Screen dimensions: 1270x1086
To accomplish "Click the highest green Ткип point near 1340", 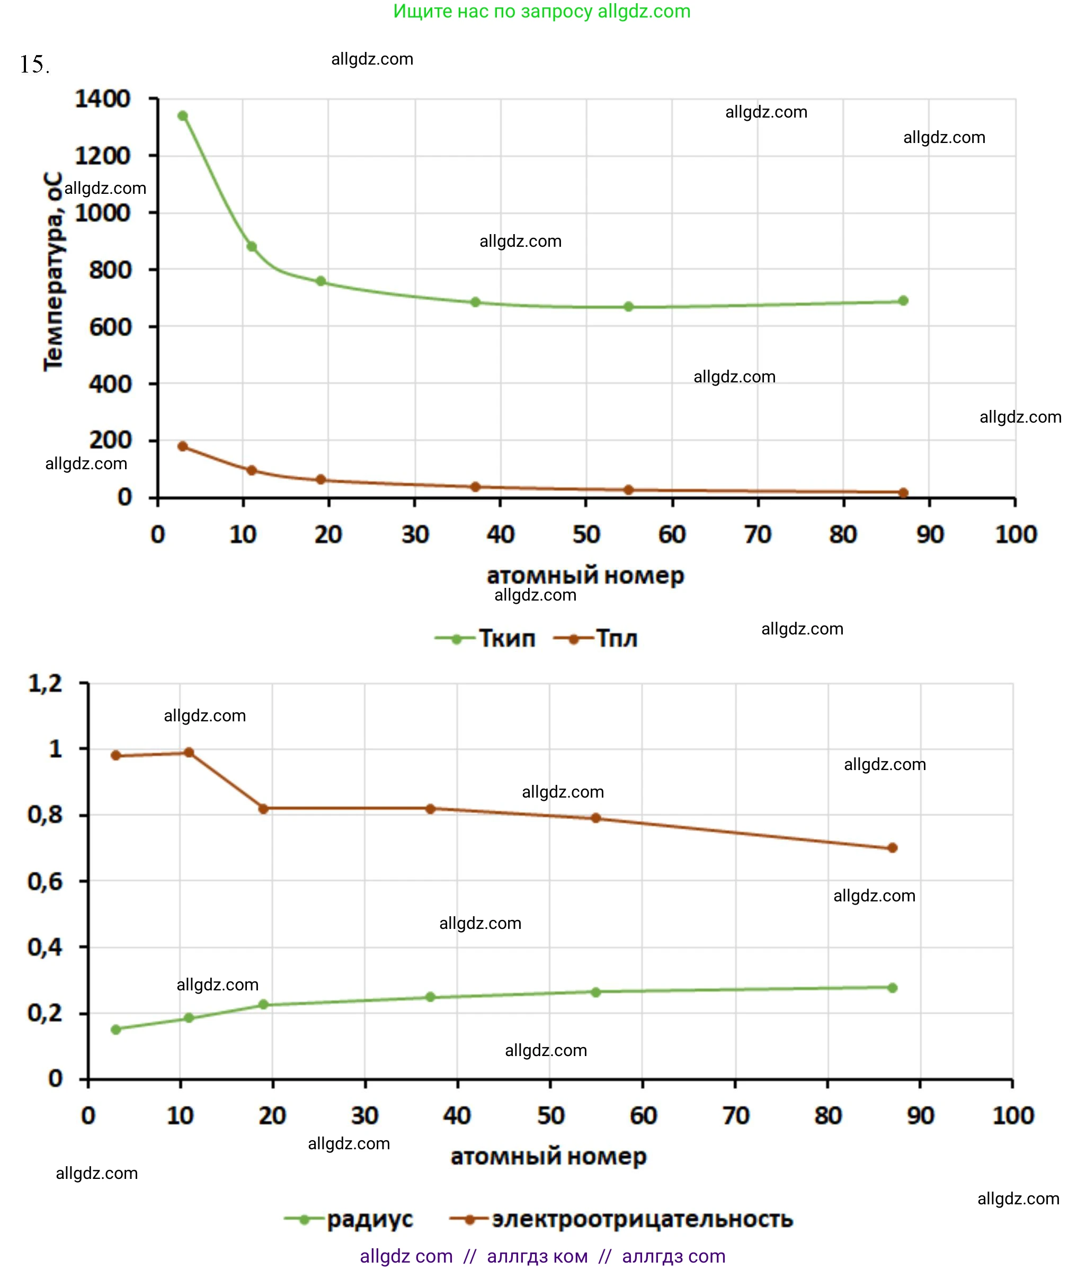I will [183, 116].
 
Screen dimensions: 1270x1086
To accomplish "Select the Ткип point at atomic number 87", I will [903, 301].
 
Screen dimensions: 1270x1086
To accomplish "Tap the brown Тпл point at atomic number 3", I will [183, 446].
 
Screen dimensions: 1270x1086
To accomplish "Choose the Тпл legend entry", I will [595, 639].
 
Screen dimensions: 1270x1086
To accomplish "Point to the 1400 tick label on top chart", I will [103, 99].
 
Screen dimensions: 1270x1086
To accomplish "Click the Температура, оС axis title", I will [54, 272].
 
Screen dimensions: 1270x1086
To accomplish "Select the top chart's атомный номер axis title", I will [585, 576].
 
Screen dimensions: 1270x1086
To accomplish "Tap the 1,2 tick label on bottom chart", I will [46, 683].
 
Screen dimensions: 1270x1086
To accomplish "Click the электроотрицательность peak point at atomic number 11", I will [189, 753].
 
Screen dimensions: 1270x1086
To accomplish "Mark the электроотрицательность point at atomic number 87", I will [892, 848].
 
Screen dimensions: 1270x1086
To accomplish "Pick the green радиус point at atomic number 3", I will [116, 1029].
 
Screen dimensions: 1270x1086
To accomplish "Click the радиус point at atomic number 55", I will [595, 992].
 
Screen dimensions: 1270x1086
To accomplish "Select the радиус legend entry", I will [349, 1219].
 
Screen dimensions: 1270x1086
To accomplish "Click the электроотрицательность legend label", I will [642, 1219].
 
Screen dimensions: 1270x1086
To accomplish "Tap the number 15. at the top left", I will [34, 65].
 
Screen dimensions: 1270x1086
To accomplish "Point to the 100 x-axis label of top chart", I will [1016, 534].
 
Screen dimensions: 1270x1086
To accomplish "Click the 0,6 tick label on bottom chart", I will [46, 881].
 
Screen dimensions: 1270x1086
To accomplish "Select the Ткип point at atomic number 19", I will [321, 281].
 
